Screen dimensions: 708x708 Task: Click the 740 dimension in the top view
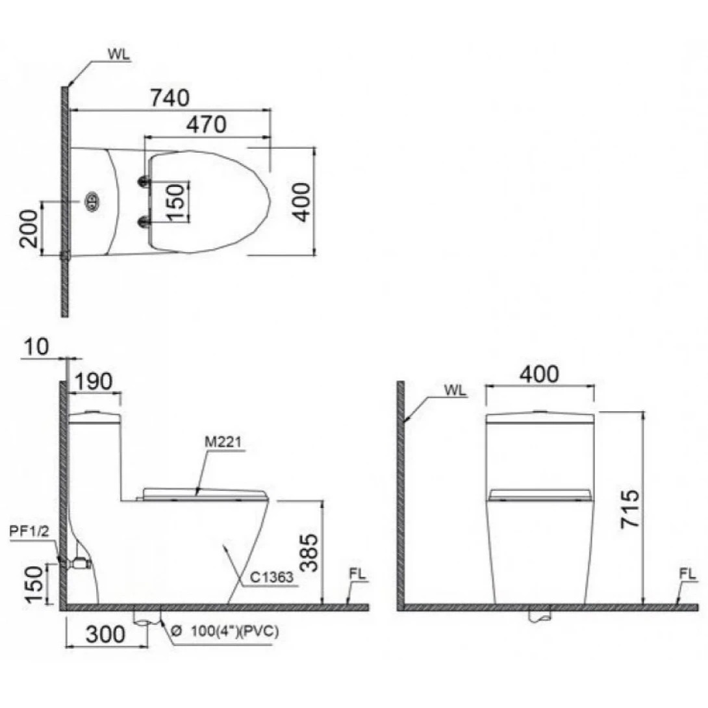point(170,97)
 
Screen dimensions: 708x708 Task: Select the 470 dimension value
point(207,124)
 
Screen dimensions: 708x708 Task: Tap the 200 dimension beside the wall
point(27,229)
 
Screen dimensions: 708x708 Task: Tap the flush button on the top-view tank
point(92,201)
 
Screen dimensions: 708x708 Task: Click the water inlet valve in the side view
point(79,563)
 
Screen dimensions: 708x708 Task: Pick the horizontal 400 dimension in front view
point(539,374)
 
